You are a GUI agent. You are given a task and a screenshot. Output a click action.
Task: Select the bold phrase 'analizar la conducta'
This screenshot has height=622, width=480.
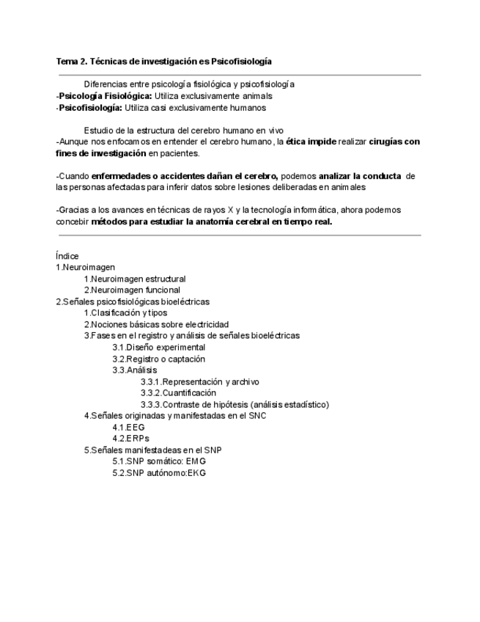[x=359, y=176]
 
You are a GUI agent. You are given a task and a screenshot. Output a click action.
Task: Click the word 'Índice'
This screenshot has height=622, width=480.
[x=67, y=256]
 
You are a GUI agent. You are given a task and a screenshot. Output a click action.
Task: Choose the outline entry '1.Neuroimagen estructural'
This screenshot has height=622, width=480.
[x=134, y=279]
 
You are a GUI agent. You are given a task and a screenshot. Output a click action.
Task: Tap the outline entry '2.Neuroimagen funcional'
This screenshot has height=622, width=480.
[x=131, y=290]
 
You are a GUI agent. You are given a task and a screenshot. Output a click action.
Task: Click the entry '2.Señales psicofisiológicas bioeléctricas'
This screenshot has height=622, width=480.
[x=133, y=301]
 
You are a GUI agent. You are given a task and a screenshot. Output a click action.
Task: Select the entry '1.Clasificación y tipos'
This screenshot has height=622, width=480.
[x=125, y=313]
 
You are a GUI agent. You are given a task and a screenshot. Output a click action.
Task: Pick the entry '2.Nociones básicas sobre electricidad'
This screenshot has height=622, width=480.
[x=156, y=324]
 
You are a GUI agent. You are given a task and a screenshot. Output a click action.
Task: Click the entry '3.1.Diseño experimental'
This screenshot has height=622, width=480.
[x=158, y=347]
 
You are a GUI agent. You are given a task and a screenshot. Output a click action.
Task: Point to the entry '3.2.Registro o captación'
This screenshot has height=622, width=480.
[x=158, y=359]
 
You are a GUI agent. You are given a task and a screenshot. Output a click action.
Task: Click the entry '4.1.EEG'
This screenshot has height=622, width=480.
[x=128, y=427]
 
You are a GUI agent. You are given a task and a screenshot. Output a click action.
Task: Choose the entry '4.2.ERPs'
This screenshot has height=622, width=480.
[x=130, y=439]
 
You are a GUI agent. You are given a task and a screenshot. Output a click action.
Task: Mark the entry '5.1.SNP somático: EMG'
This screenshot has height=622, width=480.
[x=159, y=461]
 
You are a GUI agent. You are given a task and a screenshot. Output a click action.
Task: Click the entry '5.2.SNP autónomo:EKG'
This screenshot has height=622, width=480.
[x=159, y=473]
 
